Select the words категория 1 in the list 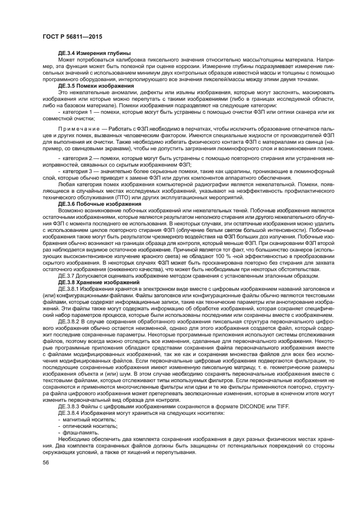[78, 112]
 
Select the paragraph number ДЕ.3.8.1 [71, 303]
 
